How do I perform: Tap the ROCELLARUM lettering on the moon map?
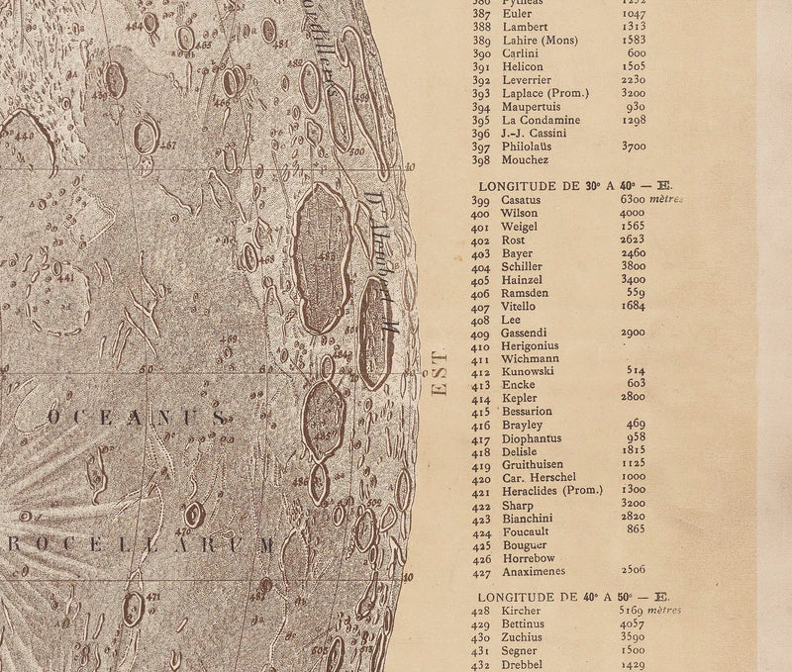(139, 544)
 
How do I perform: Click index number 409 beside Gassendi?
(481, 335)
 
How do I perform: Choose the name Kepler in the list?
(520, 398)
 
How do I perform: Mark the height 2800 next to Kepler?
(634, 398)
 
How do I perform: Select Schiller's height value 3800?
(634, 266)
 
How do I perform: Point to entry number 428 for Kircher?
(481, 613)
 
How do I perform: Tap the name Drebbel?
(524, 666)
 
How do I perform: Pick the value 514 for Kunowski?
(636, 371)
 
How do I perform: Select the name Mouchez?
(525, 159)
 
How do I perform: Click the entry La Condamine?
(540, 119)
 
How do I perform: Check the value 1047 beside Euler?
(634, 16)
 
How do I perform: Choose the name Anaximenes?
(536, 570)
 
